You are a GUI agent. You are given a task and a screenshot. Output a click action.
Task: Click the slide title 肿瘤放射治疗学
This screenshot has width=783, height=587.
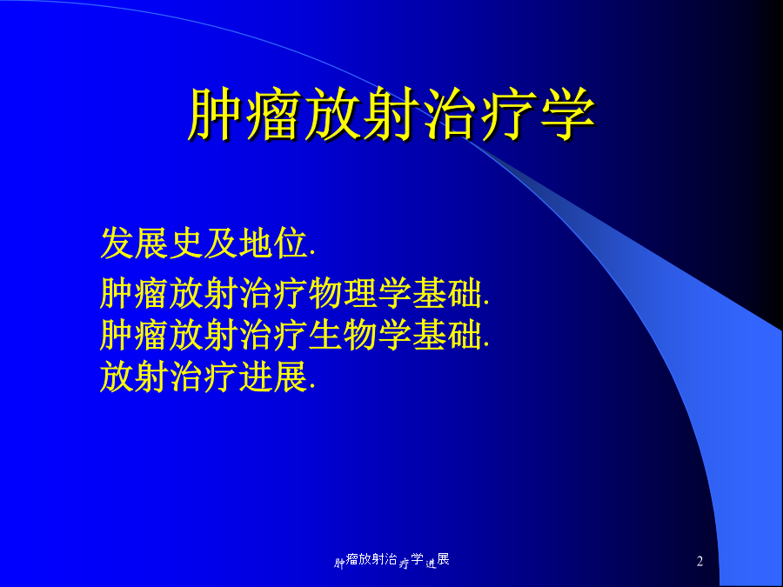tap(391, 114)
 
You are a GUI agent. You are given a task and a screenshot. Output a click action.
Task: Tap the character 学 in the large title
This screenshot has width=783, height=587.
tap(567, 114)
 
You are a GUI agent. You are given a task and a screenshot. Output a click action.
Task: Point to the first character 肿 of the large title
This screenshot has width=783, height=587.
tap(215, 114)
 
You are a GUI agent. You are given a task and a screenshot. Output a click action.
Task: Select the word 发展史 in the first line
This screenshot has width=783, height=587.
tap(151, 243)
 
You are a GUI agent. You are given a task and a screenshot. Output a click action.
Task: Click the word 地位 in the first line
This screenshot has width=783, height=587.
tap(272, 243)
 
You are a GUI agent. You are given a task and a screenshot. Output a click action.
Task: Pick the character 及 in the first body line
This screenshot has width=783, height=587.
tap(221, 243)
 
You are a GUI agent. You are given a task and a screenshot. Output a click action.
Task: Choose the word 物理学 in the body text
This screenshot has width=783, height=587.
tap(360, 293)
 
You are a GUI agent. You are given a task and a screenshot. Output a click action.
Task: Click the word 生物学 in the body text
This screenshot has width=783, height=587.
tap(360, 335)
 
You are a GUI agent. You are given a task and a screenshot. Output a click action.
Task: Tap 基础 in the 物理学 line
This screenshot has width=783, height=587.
tap(447, 293)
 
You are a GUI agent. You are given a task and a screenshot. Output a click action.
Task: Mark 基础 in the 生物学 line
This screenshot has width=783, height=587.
tap(447, 335)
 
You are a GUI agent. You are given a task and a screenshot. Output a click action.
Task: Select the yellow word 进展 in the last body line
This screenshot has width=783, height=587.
tap(272, 377)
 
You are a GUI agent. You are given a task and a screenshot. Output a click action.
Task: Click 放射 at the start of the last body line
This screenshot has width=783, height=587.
tap(134, 377)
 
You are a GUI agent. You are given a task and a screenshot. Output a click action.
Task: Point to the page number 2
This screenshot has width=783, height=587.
tap(699, 562)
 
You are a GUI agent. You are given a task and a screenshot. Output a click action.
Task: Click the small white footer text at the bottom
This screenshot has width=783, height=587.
tap(391, 560)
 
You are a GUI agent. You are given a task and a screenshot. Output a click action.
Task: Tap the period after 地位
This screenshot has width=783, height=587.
tap(312, 255)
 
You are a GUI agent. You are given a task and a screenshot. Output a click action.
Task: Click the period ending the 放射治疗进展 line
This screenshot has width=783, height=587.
tap(312, 389)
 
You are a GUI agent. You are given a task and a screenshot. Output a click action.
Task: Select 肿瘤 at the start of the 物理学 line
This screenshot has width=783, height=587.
tap(134, 293)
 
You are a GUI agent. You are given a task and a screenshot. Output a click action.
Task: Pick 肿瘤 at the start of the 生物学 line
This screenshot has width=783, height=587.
tap(134, 335)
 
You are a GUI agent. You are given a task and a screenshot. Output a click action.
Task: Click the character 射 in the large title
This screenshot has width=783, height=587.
tap(391, 114)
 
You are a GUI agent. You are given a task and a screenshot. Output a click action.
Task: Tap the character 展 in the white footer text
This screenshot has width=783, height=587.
tap(444, 559)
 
